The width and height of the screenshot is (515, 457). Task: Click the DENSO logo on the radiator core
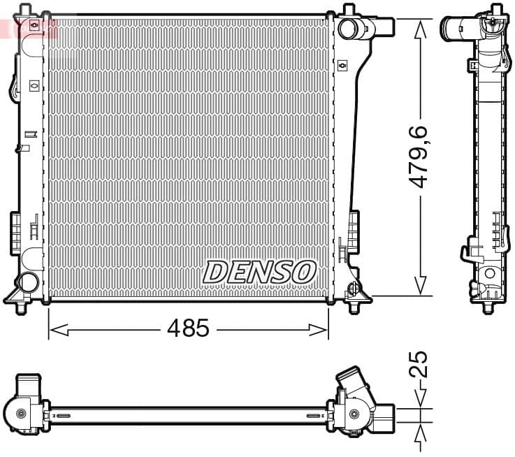(259, 272)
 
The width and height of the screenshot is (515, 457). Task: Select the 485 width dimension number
(189, 328)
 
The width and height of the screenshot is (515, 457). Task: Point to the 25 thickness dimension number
(419, 365)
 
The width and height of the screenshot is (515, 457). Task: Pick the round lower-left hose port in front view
(27, 282)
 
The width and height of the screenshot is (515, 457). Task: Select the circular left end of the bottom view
(21, 414)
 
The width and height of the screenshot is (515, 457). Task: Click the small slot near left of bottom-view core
(63, 416)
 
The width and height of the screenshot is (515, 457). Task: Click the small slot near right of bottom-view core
(314, 416)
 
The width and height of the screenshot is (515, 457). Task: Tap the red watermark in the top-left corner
(28, 28)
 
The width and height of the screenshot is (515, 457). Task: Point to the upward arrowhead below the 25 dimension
(419, 437)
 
